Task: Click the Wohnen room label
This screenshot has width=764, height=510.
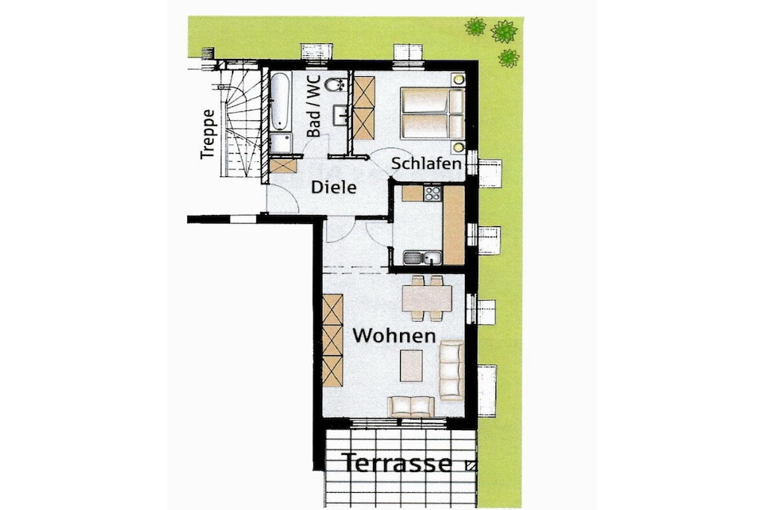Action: click(394, 336)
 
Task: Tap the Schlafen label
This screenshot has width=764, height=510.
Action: click(426, 164)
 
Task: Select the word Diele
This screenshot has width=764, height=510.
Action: click(334, 187)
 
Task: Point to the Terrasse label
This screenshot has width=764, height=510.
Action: click(397, 463)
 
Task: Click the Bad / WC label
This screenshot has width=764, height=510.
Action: click(313, 106)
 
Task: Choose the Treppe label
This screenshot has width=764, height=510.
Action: click(207, 134)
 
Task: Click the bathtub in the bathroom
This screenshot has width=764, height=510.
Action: click(281, 103)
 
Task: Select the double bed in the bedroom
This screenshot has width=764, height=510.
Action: click(432, 113)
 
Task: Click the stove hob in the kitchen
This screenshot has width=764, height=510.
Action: click(432, 193)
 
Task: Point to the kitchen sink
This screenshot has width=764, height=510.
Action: click(422, 258)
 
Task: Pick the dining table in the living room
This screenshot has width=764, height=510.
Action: click(427, 298)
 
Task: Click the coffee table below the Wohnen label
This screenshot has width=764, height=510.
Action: click(411, 366)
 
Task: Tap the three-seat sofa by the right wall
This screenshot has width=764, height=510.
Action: click(451, 370)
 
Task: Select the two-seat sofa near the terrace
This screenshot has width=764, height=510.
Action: click(411, 407)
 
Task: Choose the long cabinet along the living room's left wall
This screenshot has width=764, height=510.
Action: click(333, 340)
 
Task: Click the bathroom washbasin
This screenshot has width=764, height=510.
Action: click(339, 115)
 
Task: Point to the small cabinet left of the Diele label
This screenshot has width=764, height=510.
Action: click(283, 167)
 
